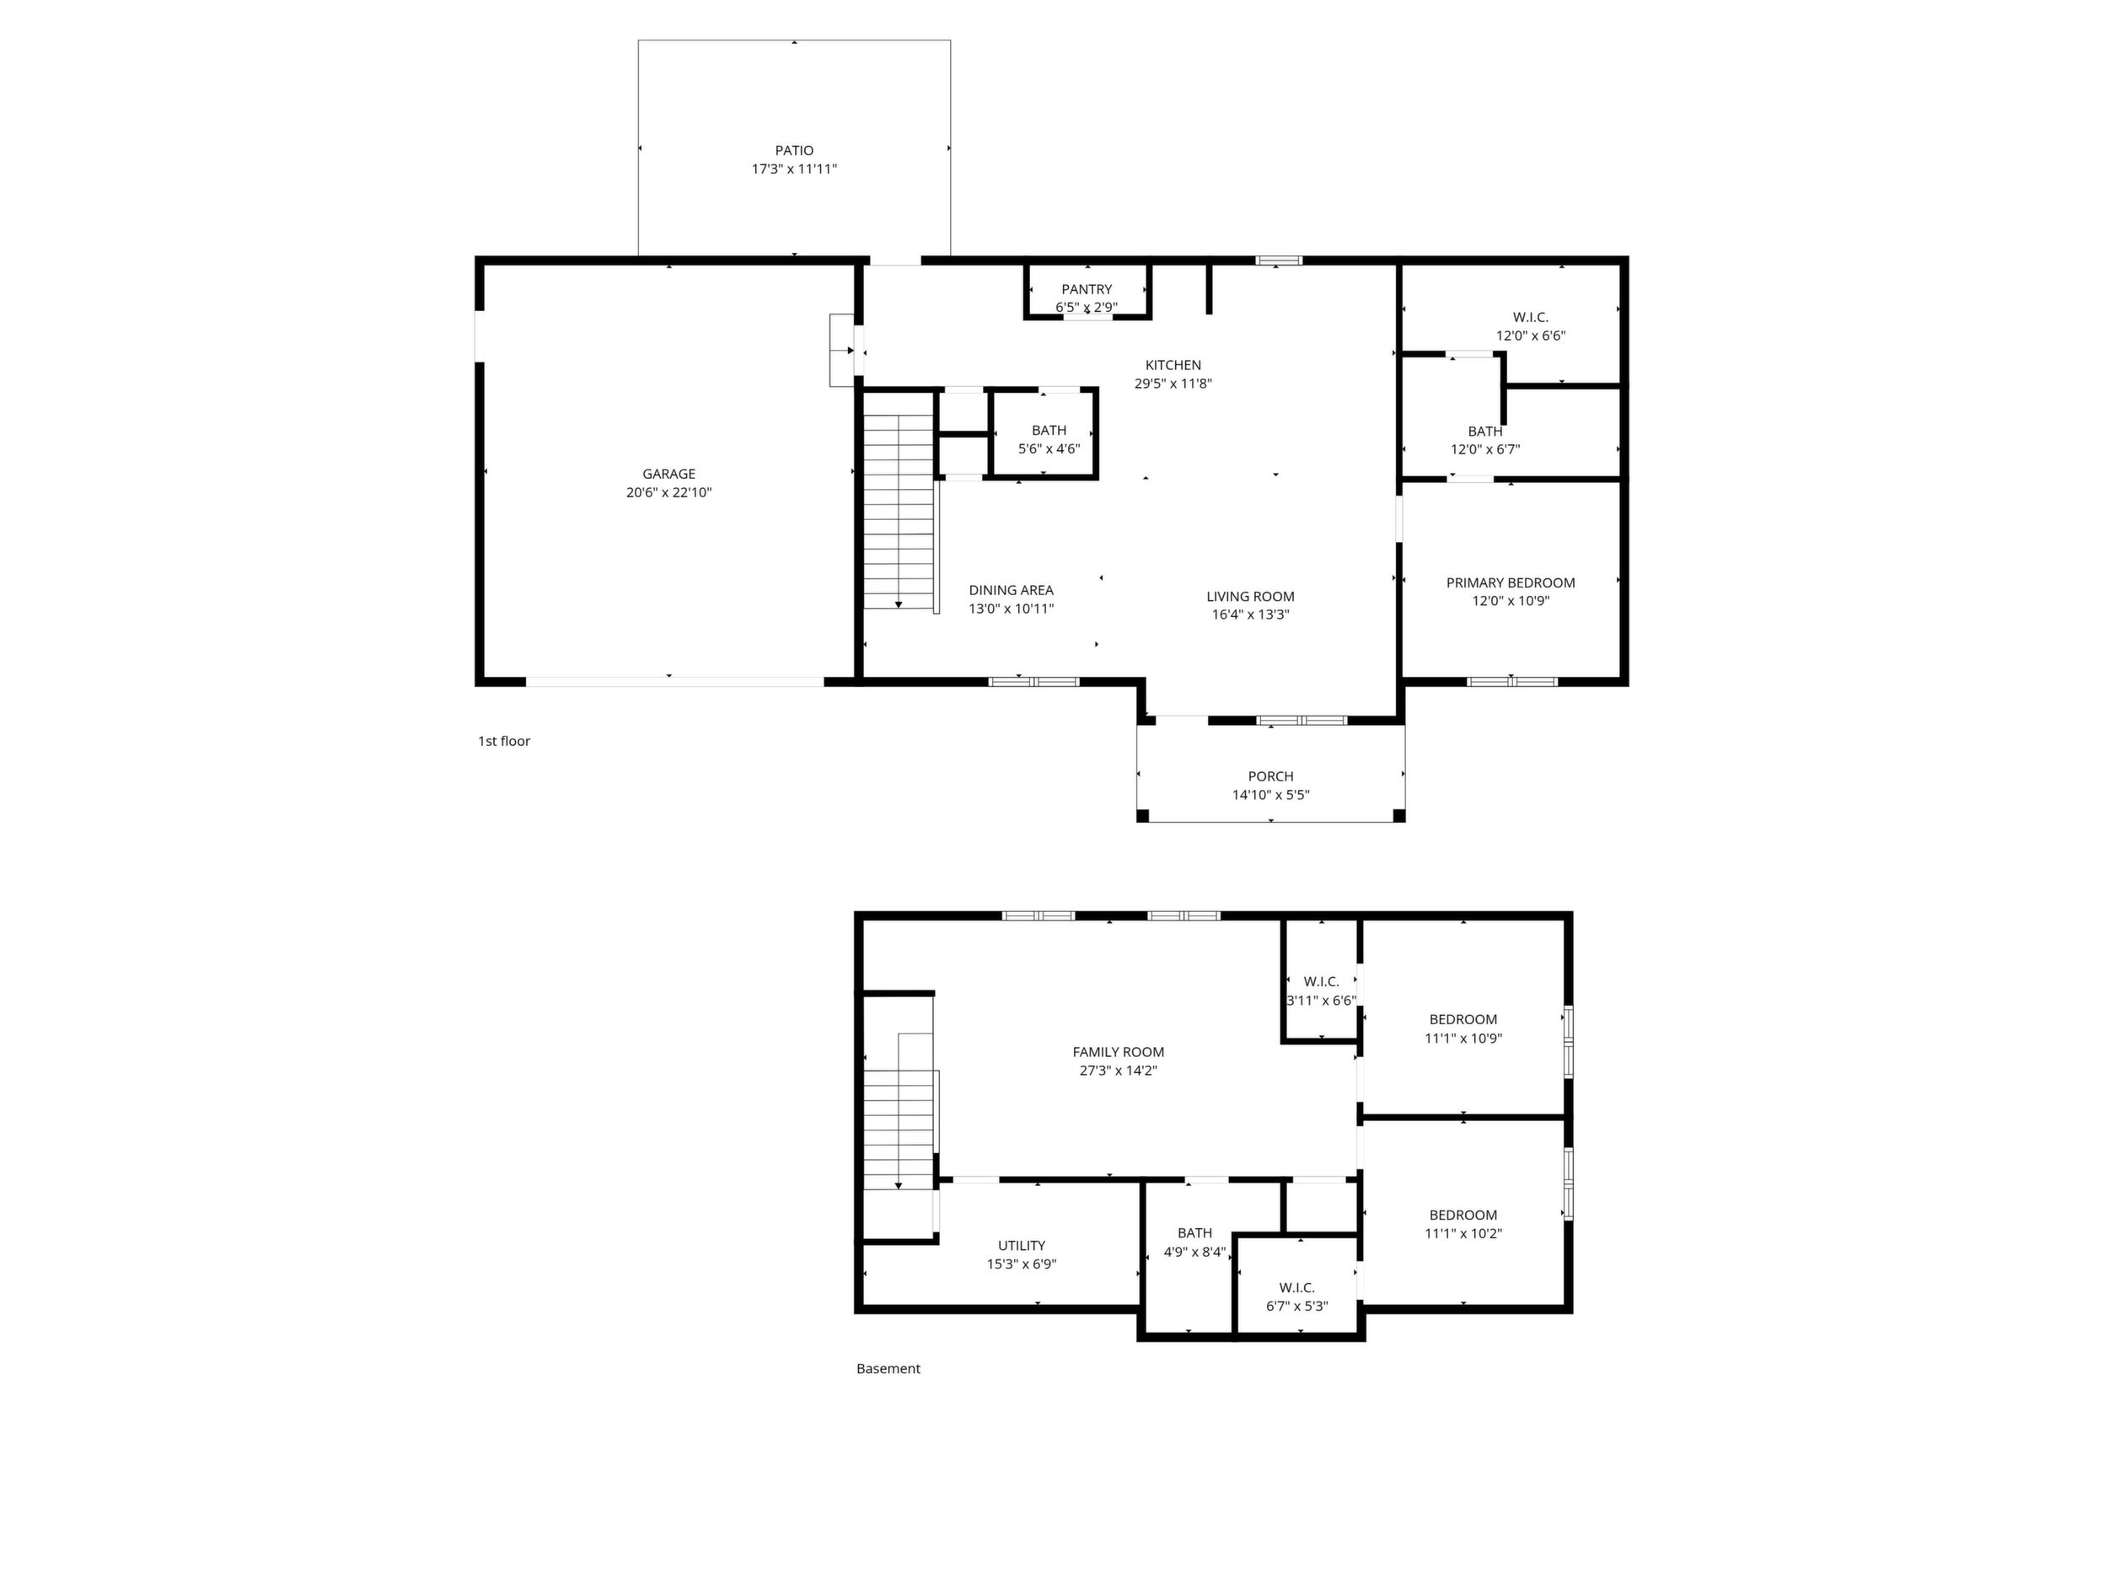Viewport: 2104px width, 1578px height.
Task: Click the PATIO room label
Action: (794, 150)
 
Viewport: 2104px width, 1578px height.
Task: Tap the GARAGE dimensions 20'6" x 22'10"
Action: (668, 493)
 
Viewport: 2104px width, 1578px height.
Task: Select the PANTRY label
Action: (1087, 289)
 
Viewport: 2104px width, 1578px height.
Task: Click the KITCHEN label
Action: (1173, 365)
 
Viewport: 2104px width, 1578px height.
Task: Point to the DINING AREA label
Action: (1011, 591)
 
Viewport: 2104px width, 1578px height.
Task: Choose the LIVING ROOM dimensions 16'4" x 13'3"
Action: (1251, 615)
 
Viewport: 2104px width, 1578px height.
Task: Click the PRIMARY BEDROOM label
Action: (1511, 583)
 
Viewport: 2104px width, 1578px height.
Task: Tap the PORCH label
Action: (1271, 777)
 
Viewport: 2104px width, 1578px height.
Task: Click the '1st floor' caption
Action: (504, 741)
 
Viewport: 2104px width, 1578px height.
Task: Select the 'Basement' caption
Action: (888, 1369)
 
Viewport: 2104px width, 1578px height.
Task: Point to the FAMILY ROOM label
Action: (1119, 1052)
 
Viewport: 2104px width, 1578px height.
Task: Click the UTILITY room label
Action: (1022, 1246)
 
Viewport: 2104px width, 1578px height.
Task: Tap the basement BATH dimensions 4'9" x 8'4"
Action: (1194, 1253)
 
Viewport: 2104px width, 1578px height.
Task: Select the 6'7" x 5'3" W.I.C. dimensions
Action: (1296, 1307)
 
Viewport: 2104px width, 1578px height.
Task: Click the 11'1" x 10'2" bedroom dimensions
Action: (1463, 1234)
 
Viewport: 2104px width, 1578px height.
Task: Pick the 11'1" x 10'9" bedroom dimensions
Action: (1463, 1039)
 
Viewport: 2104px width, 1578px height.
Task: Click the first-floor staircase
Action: (899, 513)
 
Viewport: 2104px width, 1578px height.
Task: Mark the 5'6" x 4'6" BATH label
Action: (1049, 431)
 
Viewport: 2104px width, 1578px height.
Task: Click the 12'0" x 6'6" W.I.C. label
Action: (1531, 318)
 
